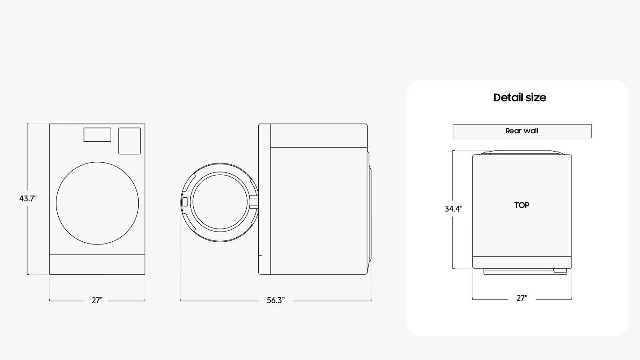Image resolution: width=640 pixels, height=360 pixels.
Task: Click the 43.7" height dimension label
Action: [x=28, y=199]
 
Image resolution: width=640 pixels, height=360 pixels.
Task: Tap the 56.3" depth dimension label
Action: [x=276, y=300]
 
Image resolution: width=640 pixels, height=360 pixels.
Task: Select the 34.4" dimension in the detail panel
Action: [x=453, y=209]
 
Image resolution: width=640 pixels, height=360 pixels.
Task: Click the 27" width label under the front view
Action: [x=97, y=300]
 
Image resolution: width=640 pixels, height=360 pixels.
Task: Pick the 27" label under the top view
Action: [x=522, y=298]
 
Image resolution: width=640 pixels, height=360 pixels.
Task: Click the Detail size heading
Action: [x=520, y=97]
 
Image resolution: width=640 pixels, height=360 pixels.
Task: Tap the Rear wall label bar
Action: [x=522, y=131]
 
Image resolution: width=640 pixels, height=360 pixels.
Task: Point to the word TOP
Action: [x=522, y=205]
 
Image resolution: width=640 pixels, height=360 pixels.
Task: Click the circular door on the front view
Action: [x=97, y=162]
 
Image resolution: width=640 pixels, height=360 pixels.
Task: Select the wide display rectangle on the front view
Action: [x=97, y=135]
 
